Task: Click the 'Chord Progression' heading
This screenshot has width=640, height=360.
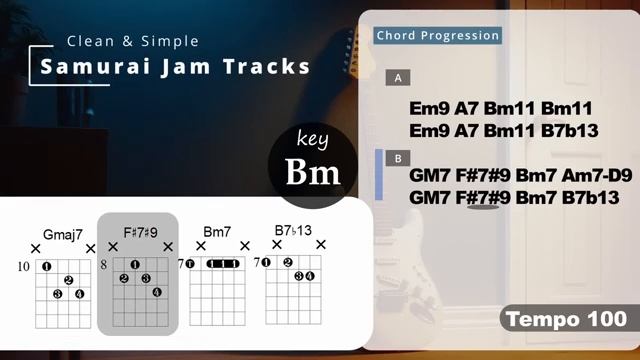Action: [x=437, y=36]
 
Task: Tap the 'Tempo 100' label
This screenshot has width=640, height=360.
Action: [x=565, y=320]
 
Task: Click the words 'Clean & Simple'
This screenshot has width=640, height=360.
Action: [x=132, y=41]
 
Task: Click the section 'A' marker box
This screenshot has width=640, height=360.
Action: [x=399, y=77]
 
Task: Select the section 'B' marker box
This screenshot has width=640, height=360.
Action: [x=399, y=157]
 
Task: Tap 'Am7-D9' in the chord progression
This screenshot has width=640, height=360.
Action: [x=590, y=175]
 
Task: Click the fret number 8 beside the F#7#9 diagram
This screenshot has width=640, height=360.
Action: [x=103, y=265]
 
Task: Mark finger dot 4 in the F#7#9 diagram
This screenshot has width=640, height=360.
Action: [x=157, y=292]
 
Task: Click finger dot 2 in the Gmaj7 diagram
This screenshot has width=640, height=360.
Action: [x=68, y=280]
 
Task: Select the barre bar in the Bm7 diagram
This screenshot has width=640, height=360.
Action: [x=221, y=264]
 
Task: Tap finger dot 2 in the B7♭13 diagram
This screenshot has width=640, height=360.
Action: [x=287, y=264]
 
